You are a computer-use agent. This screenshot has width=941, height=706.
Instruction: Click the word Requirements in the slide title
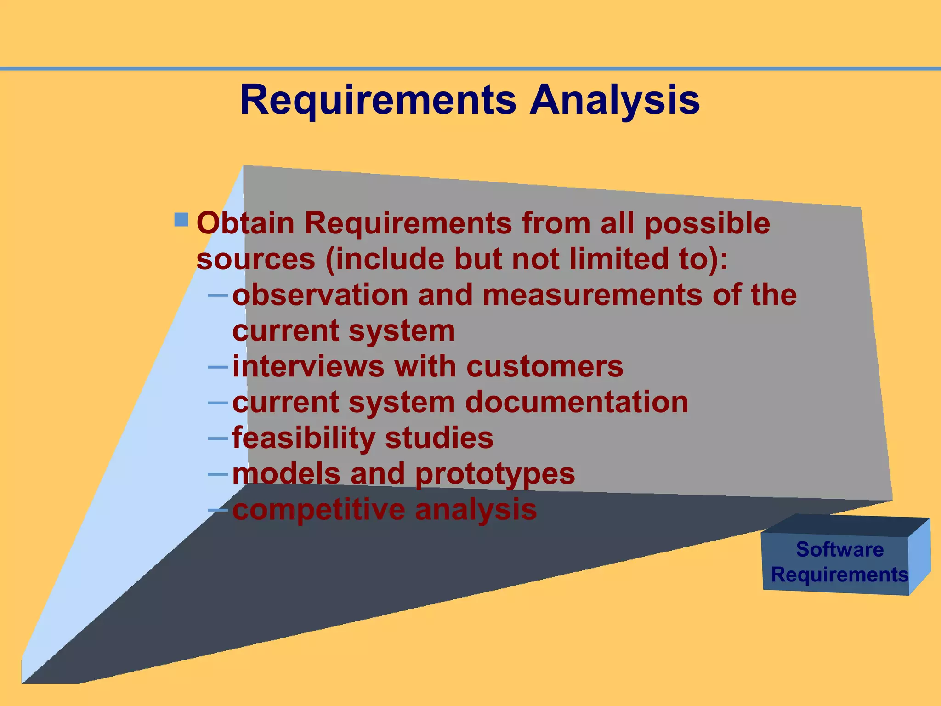[378, 100]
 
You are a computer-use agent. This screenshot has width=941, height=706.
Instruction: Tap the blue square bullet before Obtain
[181, 219]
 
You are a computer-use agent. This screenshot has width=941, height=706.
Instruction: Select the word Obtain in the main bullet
[245, 223]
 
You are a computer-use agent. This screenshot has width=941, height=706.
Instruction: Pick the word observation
[320, 295]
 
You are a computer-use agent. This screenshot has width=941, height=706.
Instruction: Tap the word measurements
[592, 295]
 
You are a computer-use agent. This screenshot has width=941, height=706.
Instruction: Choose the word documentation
[577, 402]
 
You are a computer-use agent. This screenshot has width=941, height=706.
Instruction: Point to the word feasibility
[304, 438]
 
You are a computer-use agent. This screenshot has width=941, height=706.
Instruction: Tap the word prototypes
[495, 474]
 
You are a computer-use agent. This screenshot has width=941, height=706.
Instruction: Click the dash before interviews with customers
[218, 367]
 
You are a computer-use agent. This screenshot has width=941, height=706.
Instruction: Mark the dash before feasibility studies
[218, 438]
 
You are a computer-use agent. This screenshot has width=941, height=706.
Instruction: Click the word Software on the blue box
[839, 549]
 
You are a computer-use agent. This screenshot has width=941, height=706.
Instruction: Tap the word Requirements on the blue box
[839, 575]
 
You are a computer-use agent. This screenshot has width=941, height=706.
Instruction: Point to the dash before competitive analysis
[218, 510]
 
